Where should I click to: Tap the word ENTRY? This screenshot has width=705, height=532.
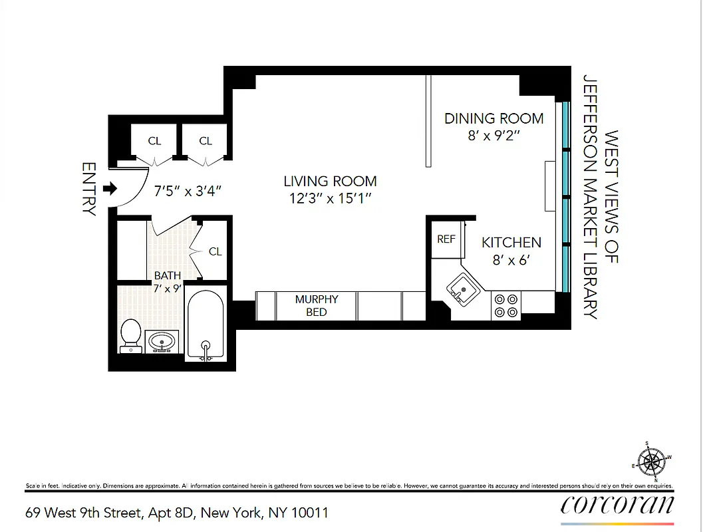88,189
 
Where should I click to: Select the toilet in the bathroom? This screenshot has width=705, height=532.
130,335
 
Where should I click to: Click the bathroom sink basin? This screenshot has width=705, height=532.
162,342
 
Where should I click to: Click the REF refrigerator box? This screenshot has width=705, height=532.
446,239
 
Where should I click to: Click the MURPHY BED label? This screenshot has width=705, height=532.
317,305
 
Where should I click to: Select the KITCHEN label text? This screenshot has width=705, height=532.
511,242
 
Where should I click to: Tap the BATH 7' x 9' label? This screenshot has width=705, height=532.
167,282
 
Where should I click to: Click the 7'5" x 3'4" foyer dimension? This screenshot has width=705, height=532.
188,192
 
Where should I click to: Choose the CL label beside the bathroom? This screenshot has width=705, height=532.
215,251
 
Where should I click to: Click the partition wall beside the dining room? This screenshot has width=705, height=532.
429,121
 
